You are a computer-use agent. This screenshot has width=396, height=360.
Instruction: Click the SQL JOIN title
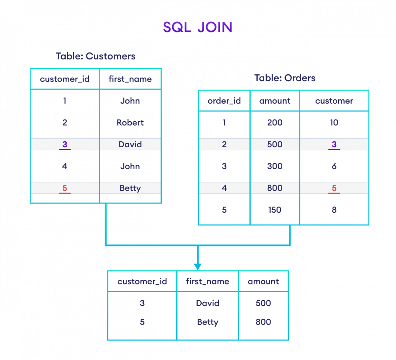click(197, 27)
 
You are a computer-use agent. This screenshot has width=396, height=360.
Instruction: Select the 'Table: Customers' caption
click(95, 56)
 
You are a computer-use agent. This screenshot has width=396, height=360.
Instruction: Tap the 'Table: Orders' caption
click(284, 78)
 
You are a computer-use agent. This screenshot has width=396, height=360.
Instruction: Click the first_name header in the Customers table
click(130, 79)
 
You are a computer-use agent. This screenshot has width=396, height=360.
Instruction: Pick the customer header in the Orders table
click(334, 101)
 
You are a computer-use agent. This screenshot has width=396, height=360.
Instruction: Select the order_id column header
click(224, 101)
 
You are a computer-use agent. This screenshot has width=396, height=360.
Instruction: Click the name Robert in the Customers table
click(130, 123)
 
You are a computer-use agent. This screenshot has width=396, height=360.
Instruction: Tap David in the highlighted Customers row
click(130, 144)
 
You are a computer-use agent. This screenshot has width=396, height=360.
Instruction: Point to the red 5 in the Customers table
click(65, 188)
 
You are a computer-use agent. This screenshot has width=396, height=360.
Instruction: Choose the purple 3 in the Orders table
click(334, 144)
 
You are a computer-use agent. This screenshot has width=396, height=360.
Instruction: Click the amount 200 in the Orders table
click(275, 123)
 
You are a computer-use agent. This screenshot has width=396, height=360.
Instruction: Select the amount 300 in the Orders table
click(275, 166)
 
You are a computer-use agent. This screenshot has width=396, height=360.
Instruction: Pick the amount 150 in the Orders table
click(275, 210)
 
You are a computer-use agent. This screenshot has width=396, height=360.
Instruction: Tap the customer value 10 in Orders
click(334, 123)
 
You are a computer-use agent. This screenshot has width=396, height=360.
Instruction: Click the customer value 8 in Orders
click(334, 210)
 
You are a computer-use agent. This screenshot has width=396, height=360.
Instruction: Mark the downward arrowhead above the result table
click(197, 267)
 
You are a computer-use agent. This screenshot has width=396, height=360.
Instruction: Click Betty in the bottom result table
click(208, 322)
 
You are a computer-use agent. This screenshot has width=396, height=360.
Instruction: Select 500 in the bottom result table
click(263, 303)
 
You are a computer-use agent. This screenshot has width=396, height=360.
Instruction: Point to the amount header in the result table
click(263, 281)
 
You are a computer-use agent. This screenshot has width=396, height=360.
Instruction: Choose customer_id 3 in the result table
click(142, 303)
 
